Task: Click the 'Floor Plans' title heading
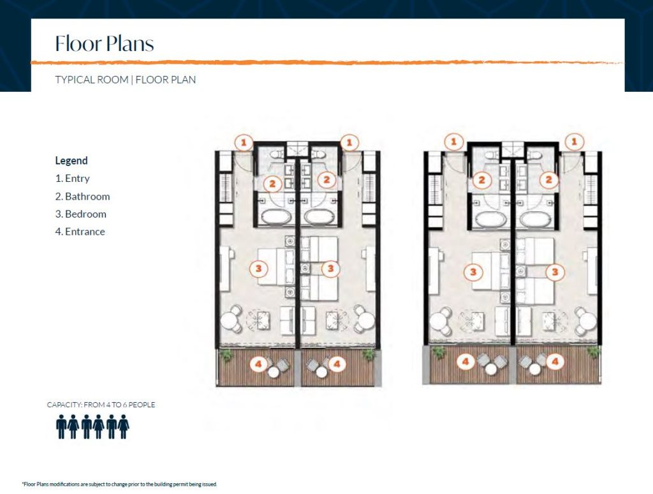105,43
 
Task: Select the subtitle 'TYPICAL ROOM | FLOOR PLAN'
125,80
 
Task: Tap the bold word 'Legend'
71,161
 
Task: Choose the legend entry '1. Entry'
72,179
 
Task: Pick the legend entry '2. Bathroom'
82,197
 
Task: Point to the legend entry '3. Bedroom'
80,214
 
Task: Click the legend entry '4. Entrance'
80,232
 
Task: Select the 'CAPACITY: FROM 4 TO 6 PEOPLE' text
101,405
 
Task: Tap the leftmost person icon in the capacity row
61,426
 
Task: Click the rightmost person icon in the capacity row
124,426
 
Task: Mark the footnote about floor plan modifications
120,484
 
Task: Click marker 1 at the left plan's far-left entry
244,142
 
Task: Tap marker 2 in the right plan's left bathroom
481,181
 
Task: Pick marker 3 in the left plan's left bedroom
258,269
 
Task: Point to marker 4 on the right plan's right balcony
556,362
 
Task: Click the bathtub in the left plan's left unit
275,217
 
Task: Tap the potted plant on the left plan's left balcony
225,356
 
